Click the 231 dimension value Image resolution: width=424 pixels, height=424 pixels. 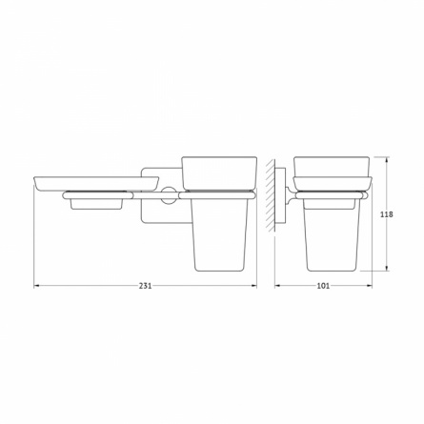pos(145,286)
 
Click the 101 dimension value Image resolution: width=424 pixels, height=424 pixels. pos(323,286)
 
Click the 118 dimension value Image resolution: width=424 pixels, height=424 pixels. pos(387,214)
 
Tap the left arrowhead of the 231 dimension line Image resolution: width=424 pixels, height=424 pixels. pos(36,286)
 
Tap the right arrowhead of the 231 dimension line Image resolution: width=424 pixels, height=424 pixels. pos(254,286)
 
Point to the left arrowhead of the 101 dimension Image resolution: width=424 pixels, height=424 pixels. pos(276,286)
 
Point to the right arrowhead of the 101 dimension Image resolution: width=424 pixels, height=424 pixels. pos(370,286)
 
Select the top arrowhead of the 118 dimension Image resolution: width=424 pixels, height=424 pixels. pos(387,159)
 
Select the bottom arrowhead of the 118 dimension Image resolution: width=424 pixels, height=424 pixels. pos(387,269)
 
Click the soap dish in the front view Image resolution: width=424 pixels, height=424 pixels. pos(95,184)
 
